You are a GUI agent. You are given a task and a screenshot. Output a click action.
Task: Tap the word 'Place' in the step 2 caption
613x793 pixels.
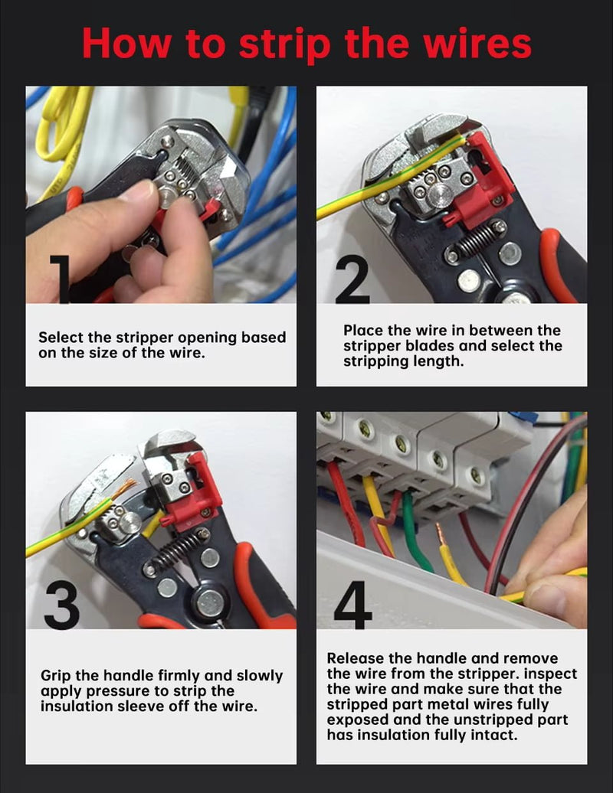tap(365, 331)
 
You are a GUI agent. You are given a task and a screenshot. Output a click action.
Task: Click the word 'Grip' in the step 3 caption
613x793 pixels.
tap(57, 676)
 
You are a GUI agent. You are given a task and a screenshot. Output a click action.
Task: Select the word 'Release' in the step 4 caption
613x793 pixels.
tap(356, 658)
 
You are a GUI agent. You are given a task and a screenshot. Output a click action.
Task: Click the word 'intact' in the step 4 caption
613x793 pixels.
tap(494, 736)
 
